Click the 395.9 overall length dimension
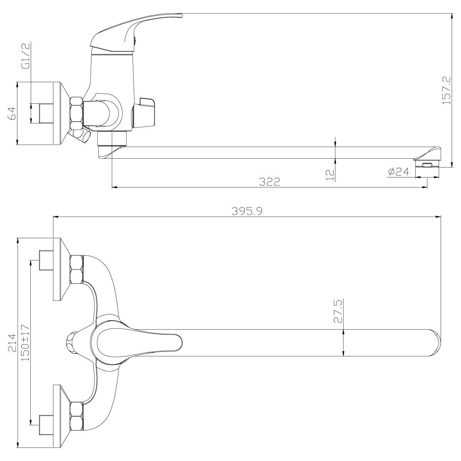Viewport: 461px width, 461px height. tap(247, 211)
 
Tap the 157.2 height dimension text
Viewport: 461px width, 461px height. tap(446, 90)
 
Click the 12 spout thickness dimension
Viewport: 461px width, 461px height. tap(330, 174)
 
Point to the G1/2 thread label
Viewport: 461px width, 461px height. tap(26, 56)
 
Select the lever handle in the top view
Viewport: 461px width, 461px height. tap(138, 342)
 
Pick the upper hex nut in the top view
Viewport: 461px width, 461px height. tap(76, 269)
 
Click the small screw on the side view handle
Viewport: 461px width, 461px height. tap(134, 38)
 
